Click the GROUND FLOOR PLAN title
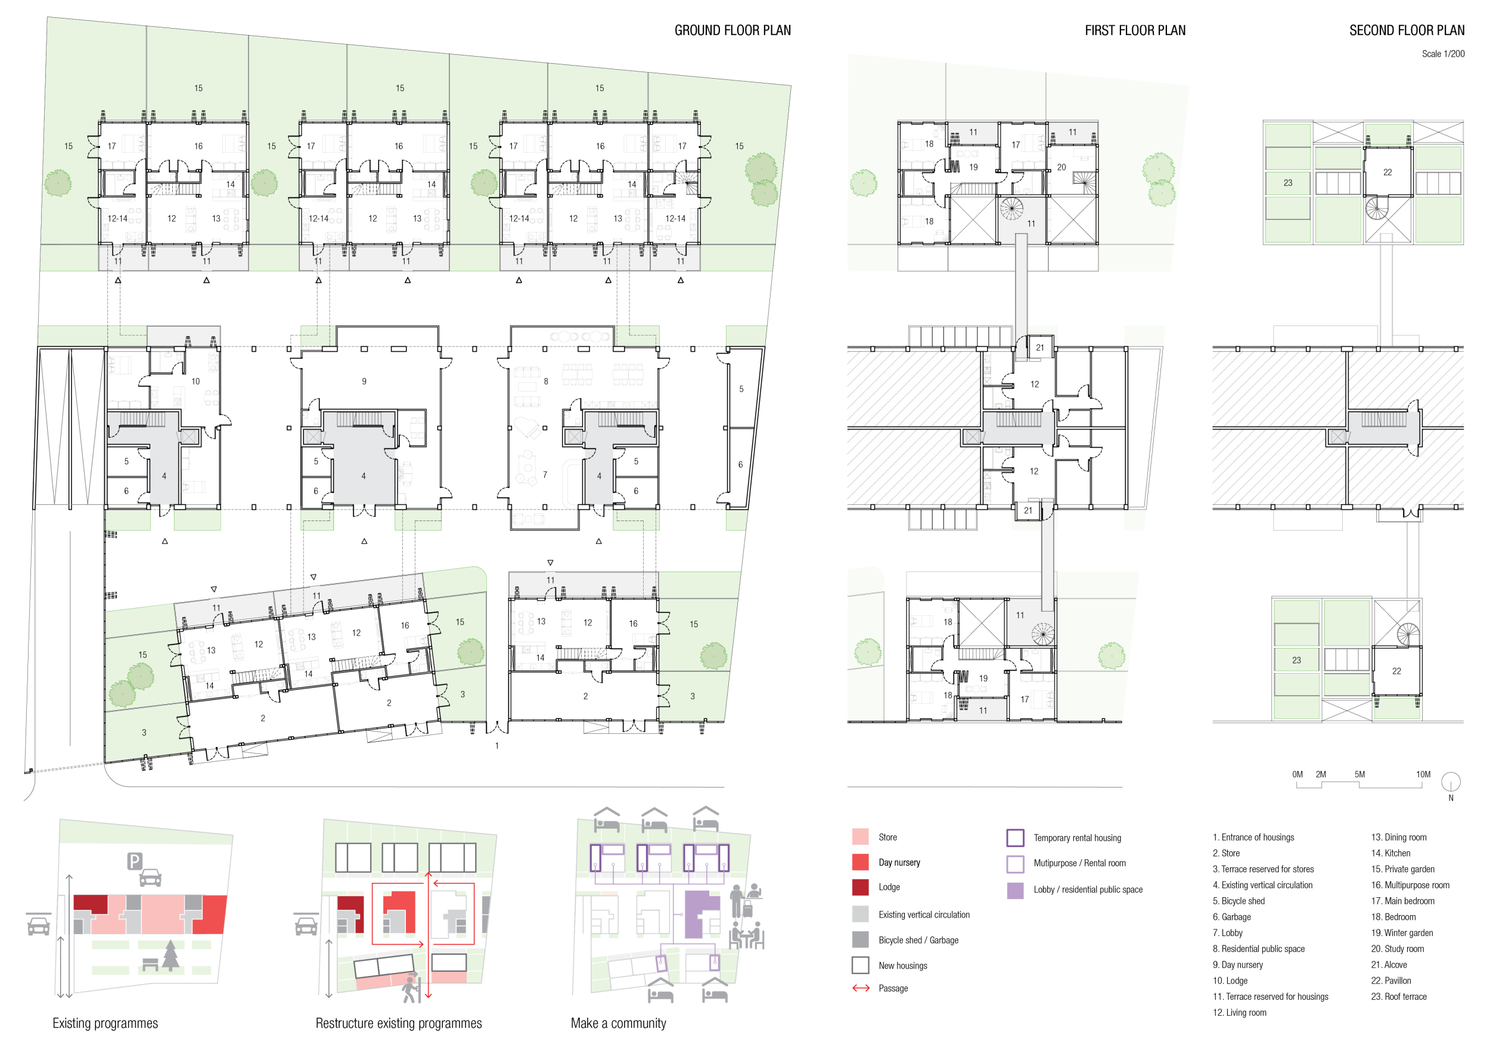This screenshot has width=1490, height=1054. coord(732,30)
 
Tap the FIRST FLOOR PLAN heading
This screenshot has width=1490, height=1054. coord(1135,30)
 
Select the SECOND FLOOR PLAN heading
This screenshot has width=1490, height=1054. coord(1407,30)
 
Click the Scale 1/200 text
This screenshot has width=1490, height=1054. coord(1443,54)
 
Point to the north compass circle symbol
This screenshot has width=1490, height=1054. coord(1451,782)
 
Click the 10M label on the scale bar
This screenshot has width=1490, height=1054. coord(1423,774)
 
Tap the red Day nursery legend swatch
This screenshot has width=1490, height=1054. coord(860,862)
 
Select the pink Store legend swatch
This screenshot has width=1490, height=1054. coord(860,836)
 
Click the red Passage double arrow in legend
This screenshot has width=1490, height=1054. coord(861,988)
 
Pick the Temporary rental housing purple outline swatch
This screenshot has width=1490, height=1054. coord(1015,837)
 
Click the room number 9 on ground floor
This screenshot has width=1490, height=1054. coord(364,382)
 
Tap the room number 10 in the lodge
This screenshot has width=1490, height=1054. coord(195,382)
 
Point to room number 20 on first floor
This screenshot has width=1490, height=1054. coord(1061,168)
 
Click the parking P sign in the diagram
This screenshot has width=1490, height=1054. coord(134,861)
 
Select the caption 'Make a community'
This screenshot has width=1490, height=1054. coord(618,1024)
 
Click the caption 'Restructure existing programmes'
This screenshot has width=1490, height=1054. coord(399,1024)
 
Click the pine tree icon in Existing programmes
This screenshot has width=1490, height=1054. coord(170,956)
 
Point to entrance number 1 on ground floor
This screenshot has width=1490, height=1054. coord(497,746)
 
